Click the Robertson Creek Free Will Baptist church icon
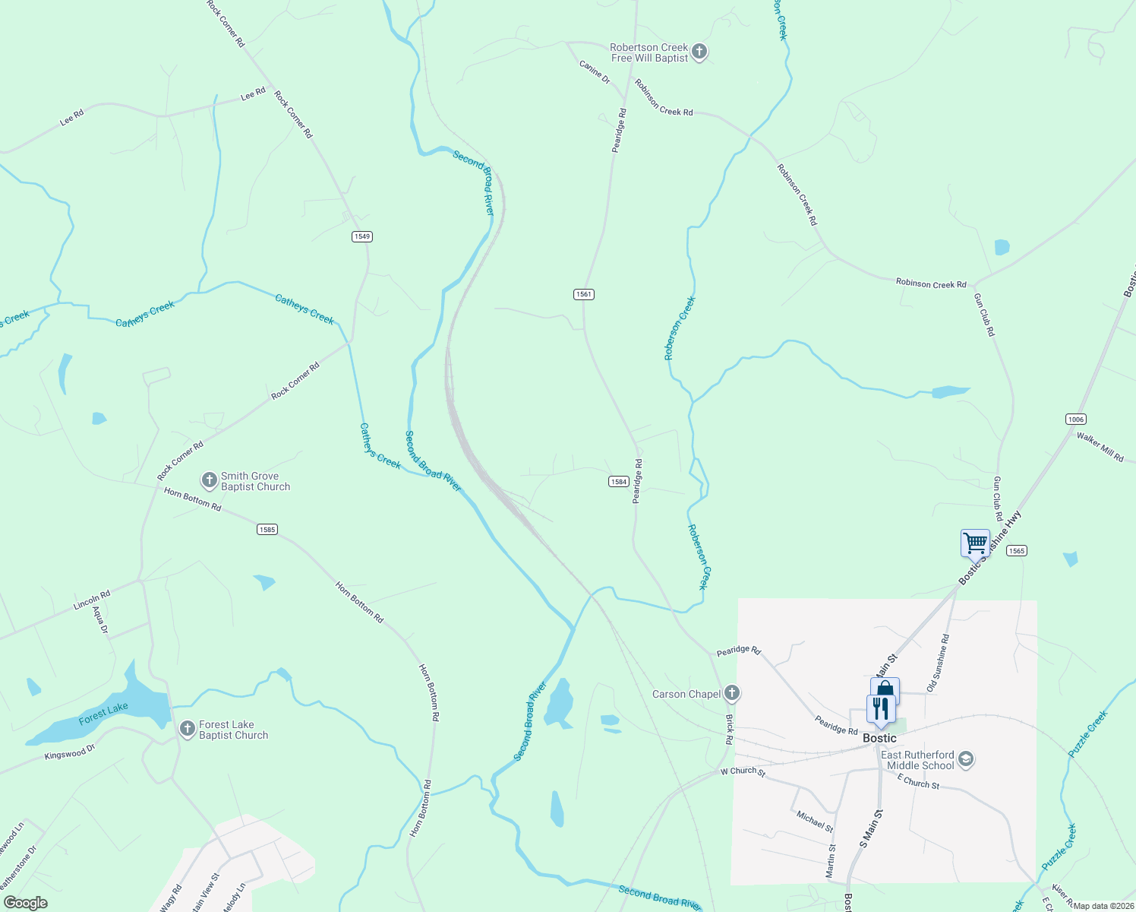point(699,52)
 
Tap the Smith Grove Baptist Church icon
point(209,480)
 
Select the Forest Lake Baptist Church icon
point(187,730)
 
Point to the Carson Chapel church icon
point(731,693)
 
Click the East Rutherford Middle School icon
point(966,759)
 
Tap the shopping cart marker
point(975,543)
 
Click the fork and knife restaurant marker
point(880,709)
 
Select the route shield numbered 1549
point(362,236)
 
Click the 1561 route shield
point(583,294)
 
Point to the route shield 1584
point(618,482)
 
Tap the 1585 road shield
point(267,530)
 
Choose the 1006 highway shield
point(1075,420)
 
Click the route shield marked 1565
point(1016,551)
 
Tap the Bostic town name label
point(879,738)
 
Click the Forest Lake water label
point(103,714)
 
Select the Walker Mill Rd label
point(1100,447)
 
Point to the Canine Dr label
point(595,72)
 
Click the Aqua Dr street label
point(100,619)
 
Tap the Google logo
point(26,903)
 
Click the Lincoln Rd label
point(92,600)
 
